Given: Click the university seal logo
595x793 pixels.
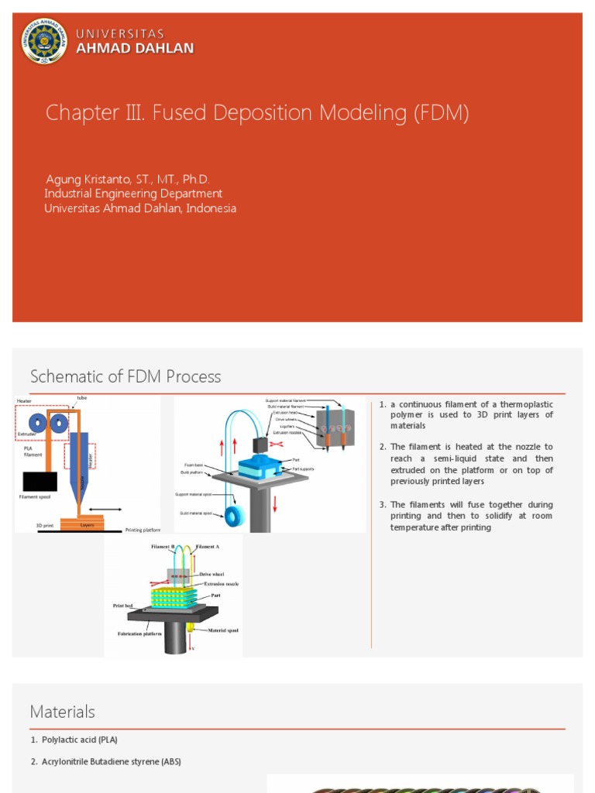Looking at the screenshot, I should point(44,41).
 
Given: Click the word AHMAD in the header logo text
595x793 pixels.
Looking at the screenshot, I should point(101,48).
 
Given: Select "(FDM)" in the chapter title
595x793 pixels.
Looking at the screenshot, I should point(441,113).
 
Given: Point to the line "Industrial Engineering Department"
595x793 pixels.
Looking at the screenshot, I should point(133,194).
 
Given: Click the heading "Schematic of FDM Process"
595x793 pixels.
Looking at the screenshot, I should point(126,377).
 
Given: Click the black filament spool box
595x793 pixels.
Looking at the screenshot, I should point(40,482).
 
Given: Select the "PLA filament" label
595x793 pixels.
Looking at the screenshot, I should point(32,451).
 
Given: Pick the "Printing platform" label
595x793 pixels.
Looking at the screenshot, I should point(143,530).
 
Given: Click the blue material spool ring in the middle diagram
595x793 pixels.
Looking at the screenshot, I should point(234,517).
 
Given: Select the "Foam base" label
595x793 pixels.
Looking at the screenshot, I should point(194,465).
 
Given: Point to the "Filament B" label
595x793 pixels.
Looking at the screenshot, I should point(163,547).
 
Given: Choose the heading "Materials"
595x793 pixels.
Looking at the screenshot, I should point(63,712).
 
